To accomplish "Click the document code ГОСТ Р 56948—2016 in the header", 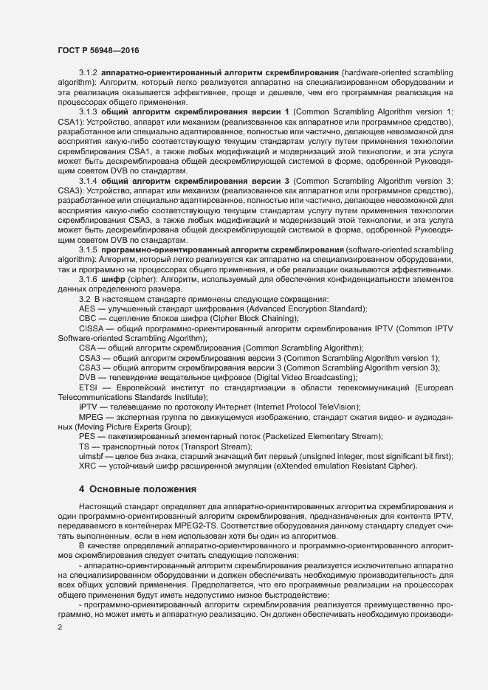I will [97, 50].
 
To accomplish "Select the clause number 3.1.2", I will [88, 76].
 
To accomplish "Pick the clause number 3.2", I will [84, 299].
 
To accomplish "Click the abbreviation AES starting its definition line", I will [87, 308].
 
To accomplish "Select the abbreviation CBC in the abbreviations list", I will [88, 318].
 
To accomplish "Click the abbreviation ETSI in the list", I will [88, 387].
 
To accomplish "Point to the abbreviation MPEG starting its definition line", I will [90, 417].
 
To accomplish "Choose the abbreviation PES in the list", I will [87, 437].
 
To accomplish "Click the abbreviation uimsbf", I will [92, 457].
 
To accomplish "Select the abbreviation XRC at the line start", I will [88, 466].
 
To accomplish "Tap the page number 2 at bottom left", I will [60, 626].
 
